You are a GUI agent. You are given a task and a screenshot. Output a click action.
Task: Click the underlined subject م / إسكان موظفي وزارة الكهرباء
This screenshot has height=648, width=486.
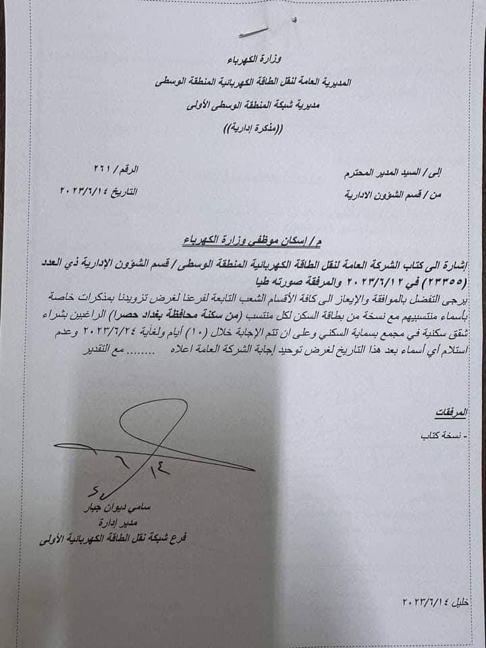[257, 240]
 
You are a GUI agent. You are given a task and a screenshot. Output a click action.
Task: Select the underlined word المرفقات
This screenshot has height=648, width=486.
[467, 410]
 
